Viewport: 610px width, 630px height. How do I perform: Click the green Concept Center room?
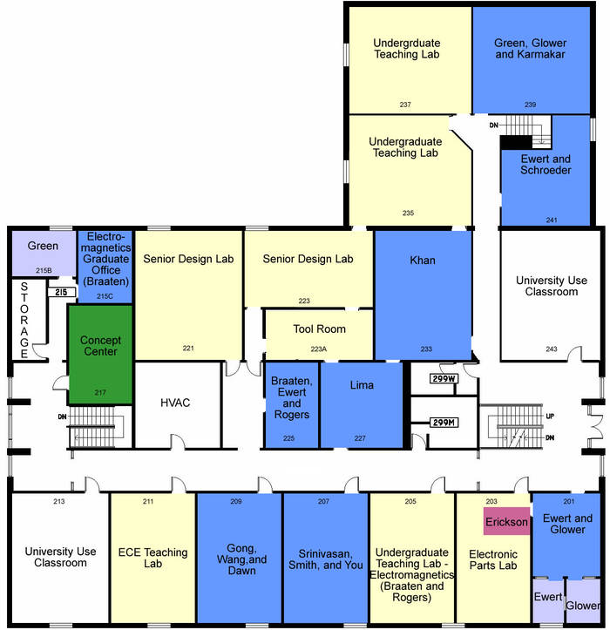(x=100, y=355)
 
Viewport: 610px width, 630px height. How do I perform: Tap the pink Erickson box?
(x=506, y=521)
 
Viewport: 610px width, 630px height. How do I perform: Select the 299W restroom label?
(x=444, y=378)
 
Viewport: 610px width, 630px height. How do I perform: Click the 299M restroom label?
(x=444, y=423)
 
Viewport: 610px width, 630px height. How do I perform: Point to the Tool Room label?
(x=319, y=329)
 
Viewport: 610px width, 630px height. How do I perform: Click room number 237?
(x=405, y=105)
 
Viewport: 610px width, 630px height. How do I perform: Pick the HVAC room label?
(x=175, y=403)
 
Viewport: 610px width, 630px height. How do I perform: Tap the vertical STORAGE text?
(x=24, y=320)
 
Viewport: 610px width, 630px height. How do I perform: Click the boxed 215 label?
(x=62, y=292)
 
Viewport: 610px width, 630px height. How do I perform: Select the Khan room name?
(x=423, y=261)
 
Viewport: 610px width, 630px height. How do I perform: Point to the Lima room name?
(x=362, y=385)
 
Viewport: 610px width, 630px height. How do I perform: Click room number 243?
(x=552, y=349)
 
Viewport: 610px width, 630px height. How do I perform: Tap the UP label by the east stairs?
(x=550, y=416)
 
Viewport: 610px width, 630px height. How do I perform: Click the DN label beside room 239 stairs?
(x=493, y=125)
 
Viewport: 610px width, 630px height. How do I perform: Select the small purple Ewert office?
(x=548, y=600)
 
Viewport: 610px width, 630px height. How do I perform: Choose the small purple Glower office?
(x=584, y=600)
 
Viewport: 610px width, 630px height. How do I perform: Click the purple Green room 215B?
(x=44, y=253)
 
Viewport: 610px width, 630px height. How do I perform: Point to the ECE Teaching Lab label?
(x=152, y=558)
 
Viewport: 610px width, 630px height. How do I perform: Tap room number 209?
(x=236, y=501)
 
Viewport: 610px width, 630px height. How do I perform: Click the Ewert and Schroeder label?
(x=546, y=165)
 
